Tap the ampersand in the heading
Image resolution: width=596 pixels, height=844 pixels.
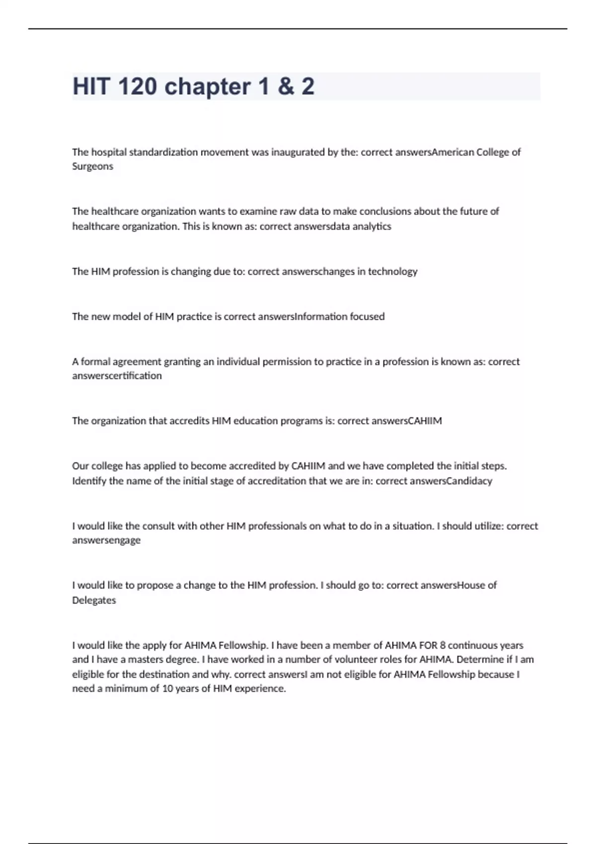point(286,86)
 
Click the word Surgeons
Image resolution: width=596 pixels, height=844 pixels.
point(92,166)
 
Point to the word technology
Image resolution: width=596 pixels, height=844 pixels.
point(392,272)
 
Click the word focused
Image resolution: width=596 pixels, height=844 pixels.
point(367,317)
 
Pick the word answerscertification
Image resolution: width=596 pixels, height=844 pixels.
point(117,376)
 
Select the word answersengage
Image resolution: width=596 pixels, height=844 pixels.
point(106,540)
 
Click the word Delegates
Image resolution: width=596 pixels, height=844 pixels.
point(94,600)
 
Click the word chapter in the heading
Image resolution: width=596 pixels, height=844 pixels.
point(208,86)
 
